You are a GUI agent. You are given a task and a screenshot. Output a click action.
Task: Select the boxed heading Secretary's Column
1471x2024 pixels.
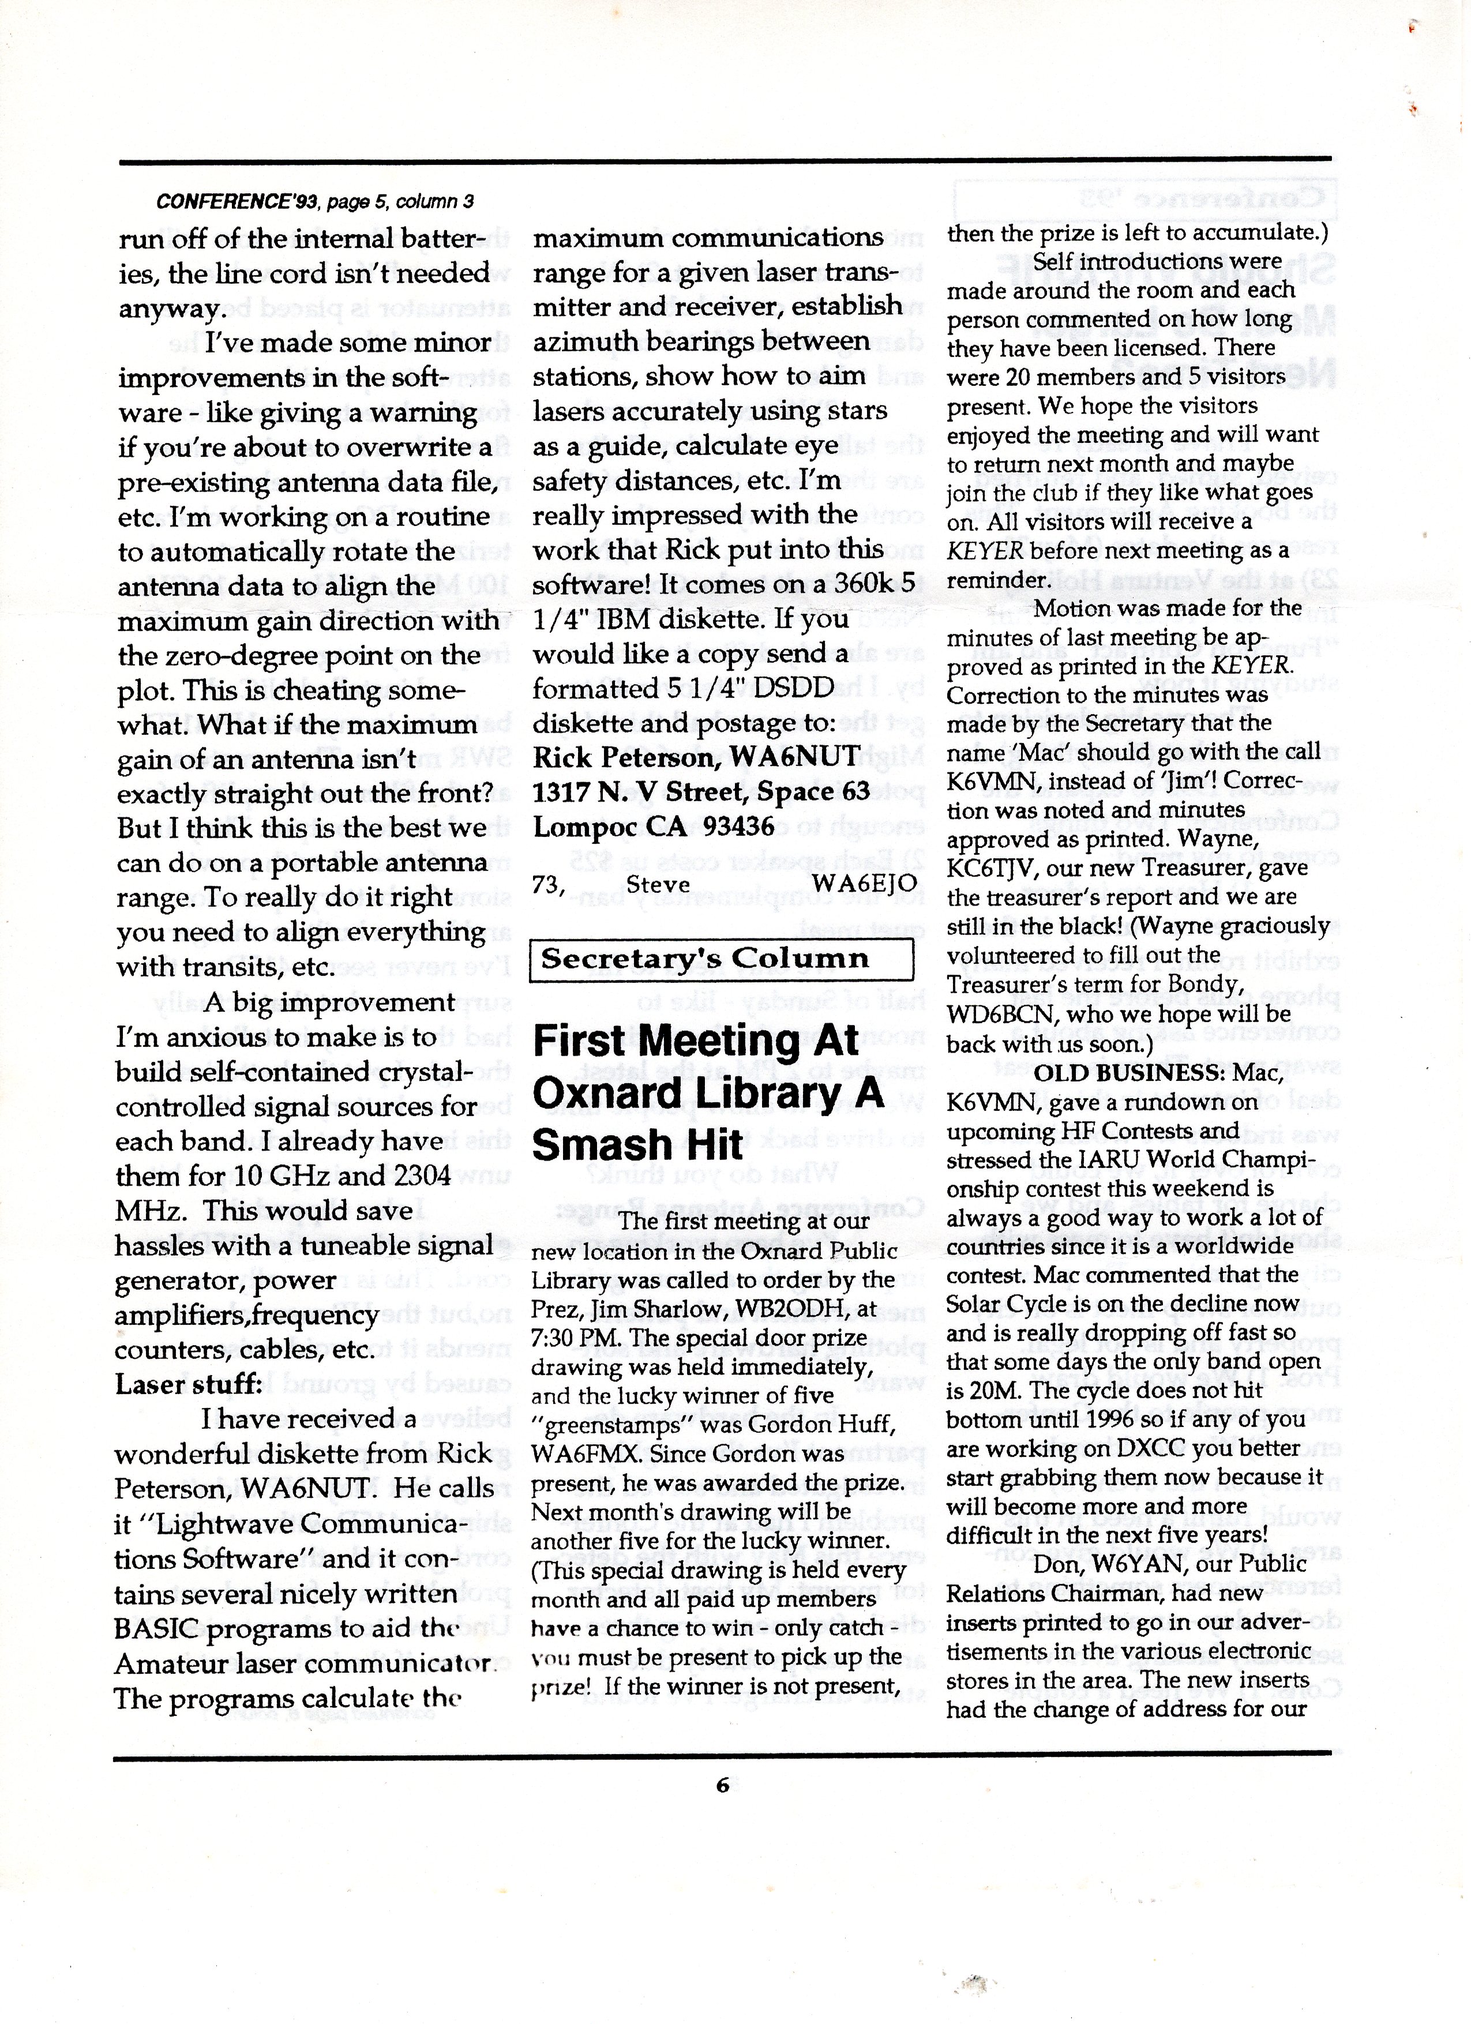pos(704,959)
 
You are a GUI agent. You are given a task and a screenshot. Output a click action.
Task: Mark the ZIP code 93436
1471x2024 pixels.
pos(738,827)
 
